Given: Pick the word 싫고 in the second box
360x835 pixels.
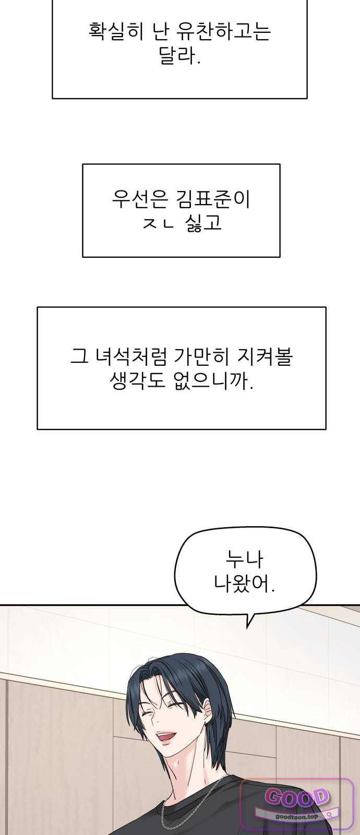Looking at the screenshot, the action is pos(203,222).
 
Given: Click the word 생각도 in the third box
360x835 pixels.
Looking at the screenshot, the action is pos(137,380).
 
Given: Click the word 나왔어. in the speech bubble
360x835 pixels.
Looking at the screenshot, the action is pos(244,584).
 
